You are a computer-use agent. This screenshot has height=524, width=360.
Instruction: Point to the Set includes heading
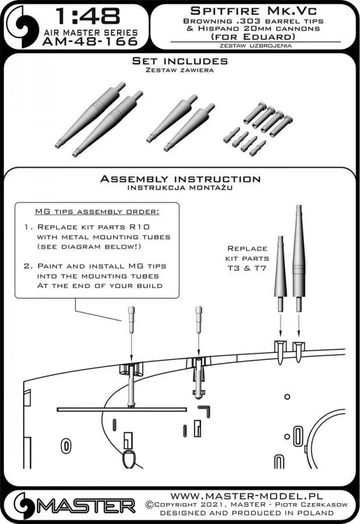tap(179, 61)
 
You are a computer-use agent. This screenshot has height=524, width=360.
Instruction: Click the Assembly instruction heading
tap(179, 179)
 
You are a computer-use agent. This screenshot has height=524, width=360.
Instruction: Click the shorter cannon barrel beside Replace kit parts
tap(280, 268)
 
